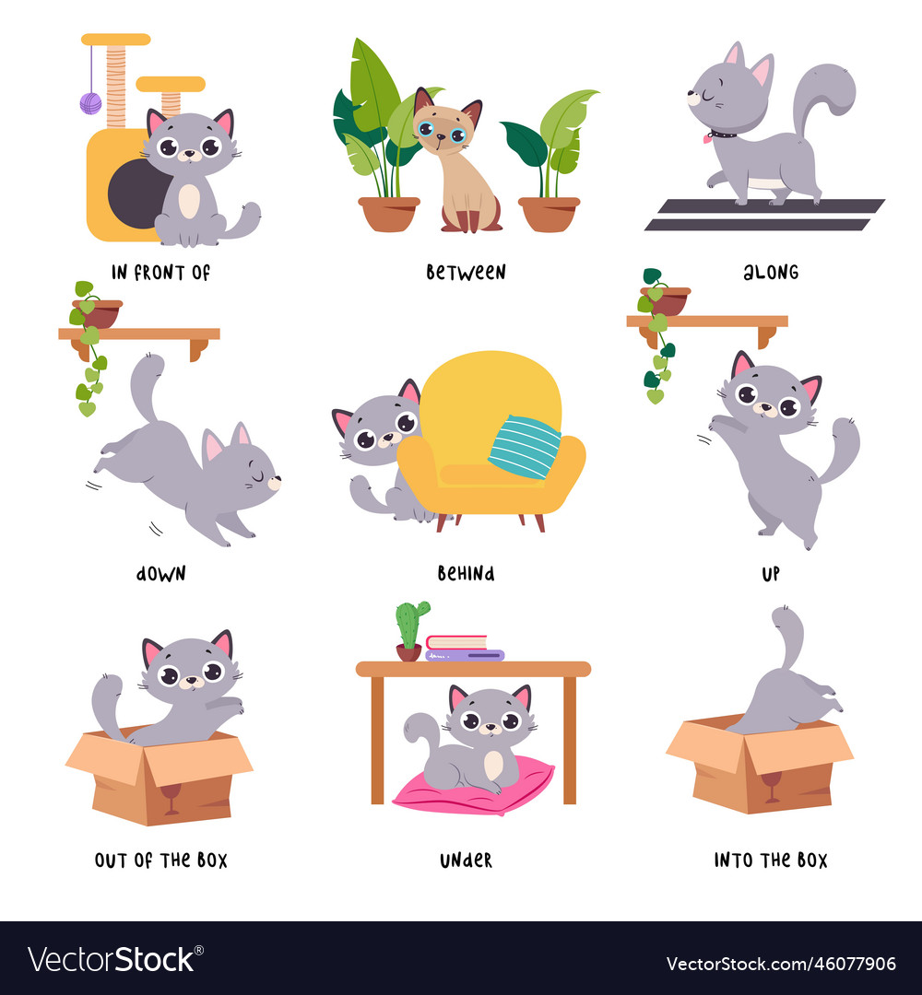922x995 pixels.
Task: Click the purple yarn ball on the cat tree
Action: (90, 103)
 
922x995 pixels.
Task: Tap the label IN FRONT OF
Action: (160, 273)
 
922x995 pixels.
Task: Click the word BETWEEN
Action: (466, 273)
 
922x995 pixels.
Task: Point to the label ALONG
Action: (771, 273)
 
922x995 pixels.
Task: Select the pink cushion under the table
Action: (474, 788)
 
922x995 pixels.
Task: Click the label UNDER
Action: (466, 860)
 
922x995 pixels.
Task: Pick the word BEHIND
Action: (466, 573)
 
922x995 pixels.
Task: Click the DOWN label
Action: (160, 573)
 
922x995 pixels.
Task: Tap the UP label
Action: (771, 573)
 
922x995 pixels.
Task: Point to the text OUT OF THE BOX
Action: (160, 860)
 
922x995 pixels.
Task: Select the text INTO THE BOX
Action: (771, 860)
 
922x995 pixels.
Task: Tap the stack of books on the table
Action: (463, 649)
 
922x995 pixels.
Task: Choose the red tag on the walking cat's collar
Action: (708, 139)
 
